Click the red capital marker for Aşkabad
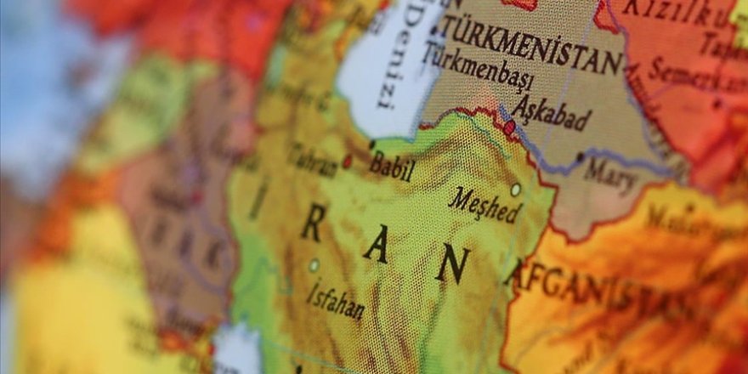pos(510,128)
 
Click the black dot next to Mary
pos(581,156)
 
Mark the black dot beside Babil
pos(372,144)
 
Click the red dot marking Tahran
pos(347,161)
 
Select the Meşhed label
pos(484,204)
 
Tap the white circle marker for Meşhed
pos(515,189)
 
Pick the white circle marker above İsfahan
pos(314,265)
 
